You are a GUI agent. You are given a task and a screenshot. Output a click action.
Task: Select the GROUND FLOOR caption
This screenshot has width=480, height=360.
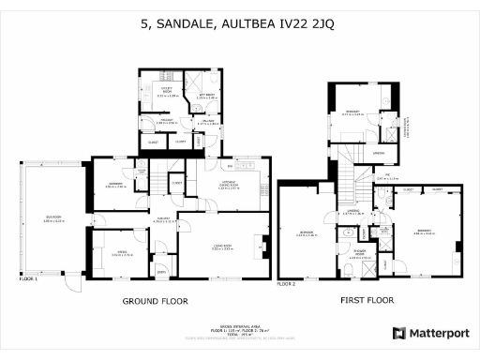156,302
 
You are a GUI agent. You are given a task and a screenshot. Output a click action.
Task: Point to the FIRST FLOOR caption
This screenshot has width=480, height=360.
364,302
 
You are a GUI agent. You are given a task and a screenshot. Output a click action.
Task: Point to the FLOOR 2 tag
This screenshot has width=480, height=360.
287,282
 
